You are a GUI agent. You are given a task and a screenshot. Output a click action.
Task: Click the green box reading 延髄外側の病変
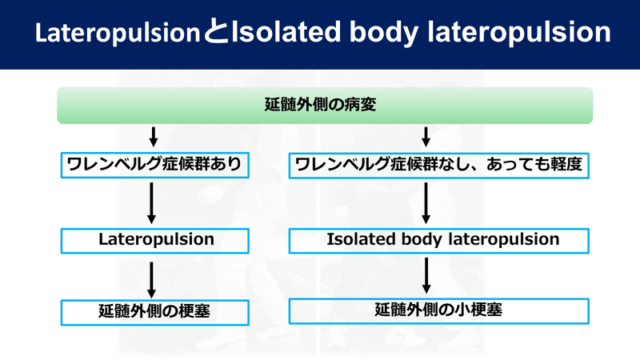point(324,105)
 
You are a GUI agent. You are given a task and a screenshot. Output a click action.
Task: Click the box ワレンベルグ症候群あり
point(151,166)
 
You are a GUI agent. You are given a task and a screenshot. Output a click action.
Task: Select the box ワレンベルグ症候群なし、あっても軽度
point(439,166)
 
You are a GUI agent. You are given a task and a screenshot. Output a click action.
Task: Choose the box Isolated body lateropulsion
point(439,238)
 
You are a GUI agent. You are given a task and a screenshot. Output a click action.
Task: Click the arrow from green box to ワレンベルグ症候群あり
point(151,135)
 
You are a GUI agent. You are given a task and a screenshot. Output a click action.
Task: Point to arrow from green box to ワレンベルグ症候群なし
point(426,135)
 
